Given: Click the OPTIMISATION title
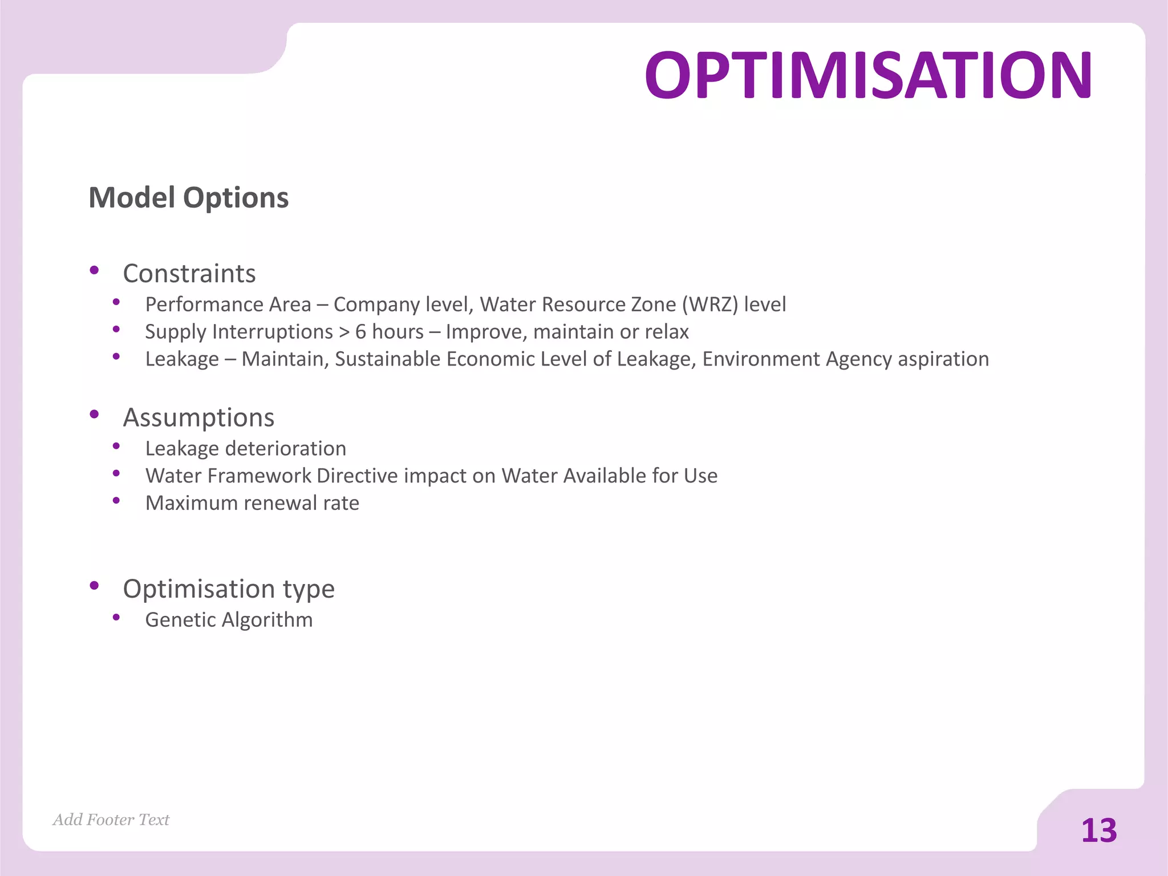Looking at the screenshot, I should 867,75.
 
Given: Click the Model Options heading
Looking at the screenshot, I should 189,198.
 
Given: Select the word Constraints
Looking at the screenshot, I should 189,274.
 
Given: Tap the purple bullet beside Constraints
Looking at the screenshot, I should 95,270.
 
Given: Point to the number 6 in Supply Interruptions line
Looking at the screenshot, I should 360,332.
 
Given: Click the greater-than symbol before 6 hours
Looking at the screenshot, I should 344,332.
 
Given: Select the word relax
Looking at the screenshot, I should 667,332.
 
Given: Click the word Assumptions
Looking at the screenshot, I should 198,417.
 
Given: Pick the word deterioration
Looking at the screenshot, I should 286,449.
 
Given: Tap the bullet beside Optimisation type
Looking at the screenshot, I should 95,585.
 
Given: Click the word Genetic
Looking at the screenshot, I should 180,620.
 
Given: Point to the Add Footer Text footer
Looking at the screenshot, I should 111,820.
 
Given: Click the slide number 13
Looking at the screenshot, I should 1099,830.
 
